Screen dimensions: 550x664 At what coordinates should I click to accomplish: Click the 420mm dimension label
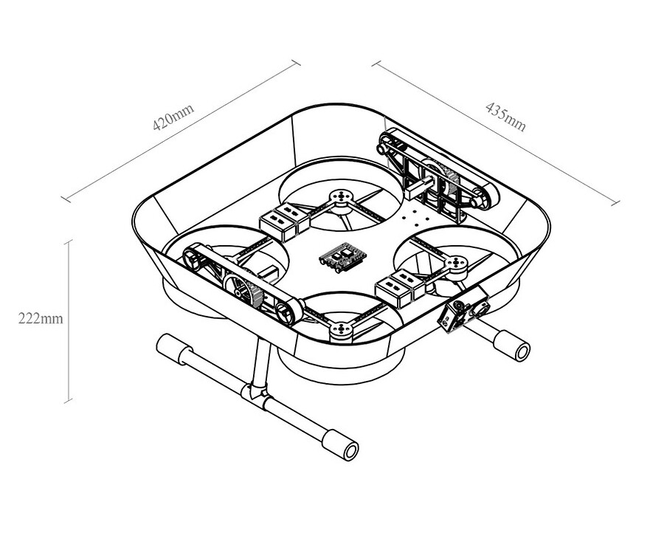[x=173, y=118]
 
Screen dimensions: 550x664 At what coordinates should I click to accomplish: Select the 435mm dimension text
[x=506, y=116]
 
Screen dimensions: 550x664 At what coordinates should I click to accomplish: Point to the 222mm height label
[x=41, y=319]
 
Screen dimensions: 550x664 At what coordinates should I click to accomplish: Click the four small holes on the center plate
[x=418, y=220]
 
